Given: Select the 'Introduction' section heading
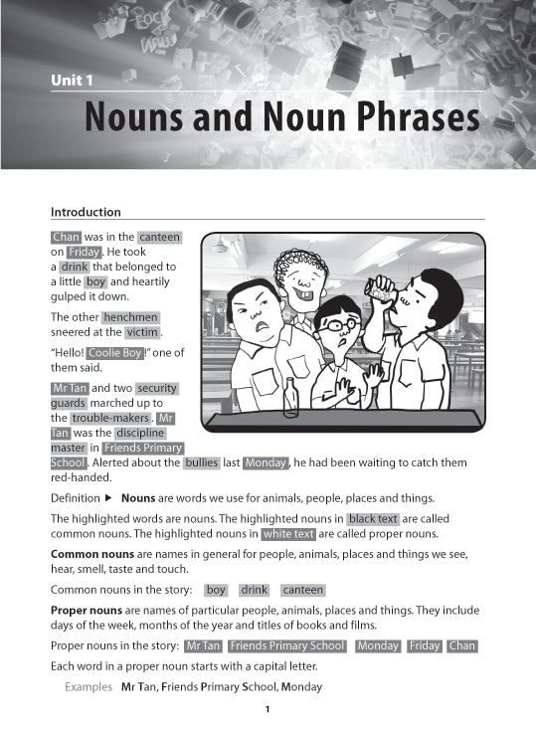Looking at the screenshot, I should coord(86,212).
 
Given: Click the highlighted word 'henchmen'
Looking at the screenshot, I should coord(130,317).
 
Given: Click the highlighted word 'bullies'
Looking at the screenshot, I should coord(202,463).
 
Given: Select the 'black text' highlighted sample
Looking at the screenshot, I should coord(373,519).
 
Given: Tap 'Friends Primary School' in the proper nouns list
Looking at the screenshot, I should coord(287,645).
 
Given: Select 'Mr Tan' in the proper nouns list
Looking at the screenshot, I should coord(203,645).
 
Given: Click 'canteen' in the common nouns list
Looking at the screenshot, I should coord(302,590).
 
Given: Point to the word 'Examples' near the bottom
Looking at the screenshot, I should coord(88,687).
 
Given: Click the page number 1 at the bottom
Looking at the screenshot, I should coord(268,709).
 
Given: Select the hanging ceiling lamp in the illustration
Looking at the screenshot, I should coord(220,245).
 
